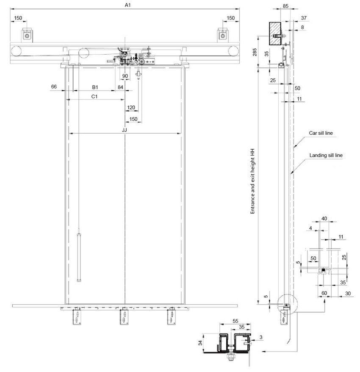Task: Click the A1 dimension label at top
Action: [x=127, y=5]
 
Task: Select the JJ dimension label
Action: [x=124, y=130]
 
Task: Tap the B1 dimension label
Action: [x=95, y=87]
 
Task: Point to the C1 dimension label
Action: [x=94, y=97]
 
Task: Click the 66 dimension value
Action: [x=54, y=86]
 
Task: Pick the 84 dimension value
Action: [x=120, y=87]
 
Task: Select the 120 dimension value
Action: [x=131, y=108]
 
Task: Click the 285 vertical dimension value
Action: [x=255, y=52]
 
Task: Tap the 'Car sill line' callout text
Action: [x=321, y=133]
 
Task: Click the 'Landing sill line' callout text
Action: [x=326, y=155]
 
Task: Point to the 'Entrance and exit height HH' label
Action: [x=252, y=181]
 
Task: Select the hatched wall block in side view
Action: [x=275, y=34]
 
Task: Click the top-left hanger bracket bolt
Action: [x=27, y=36]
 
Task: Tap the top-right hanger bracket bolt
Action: [x=223, y=36]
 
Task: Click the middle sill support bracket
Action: [x=124, y=316]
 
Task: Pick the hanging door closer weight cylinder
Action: [x=79, y=258]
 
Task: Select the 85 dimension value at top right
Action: [x=285, y=6]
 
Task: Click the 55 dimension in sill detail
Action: [x=235, y=321]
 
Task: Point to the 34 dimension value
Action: [x=200, y=343]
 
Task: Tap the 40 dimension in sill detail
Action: [x=324, y=219]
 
